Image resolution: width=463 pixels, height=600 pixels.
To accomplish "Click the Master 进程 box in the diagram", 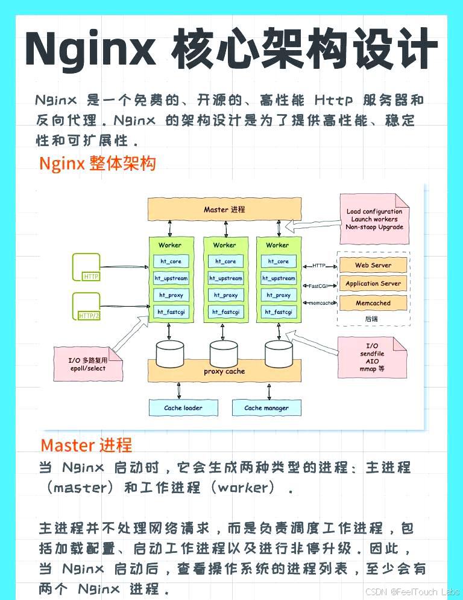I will pos(224,209).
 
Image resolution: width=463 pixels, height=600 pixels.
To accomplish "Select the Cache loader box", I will pos(183,408).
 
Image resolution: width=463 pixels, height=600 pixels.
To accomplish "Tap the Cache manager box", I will pos(266,408).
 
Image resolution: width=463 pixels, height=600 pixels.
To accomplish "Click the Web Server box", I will pos(373,265).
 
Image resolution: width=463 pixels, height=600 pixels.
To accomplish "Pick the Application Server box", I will pos(373,284).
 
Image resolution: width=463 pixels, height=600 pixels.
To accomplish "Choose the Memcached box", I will pos(373,303).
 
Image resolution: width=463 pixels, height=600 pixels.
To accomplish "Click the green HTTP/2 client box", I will pos(86,307).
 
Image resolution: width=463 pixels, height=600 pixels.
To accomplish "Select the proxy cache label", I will pos(224,372).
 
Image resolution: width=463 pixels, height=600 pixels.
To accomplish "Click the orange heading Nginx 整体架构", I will pos(98,164).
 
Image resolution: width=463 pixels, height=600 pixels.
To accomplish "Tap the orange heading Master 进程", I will pos(86,446).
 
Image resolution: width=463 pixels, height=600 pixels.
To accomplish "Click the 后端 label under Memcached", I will pos(373,318).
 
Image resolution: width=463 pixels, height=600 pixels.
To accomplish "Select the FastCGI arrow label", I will pos(318,286).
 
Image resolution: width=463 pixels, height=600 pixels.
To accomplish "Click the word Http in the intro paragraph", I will pos(331,100).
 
